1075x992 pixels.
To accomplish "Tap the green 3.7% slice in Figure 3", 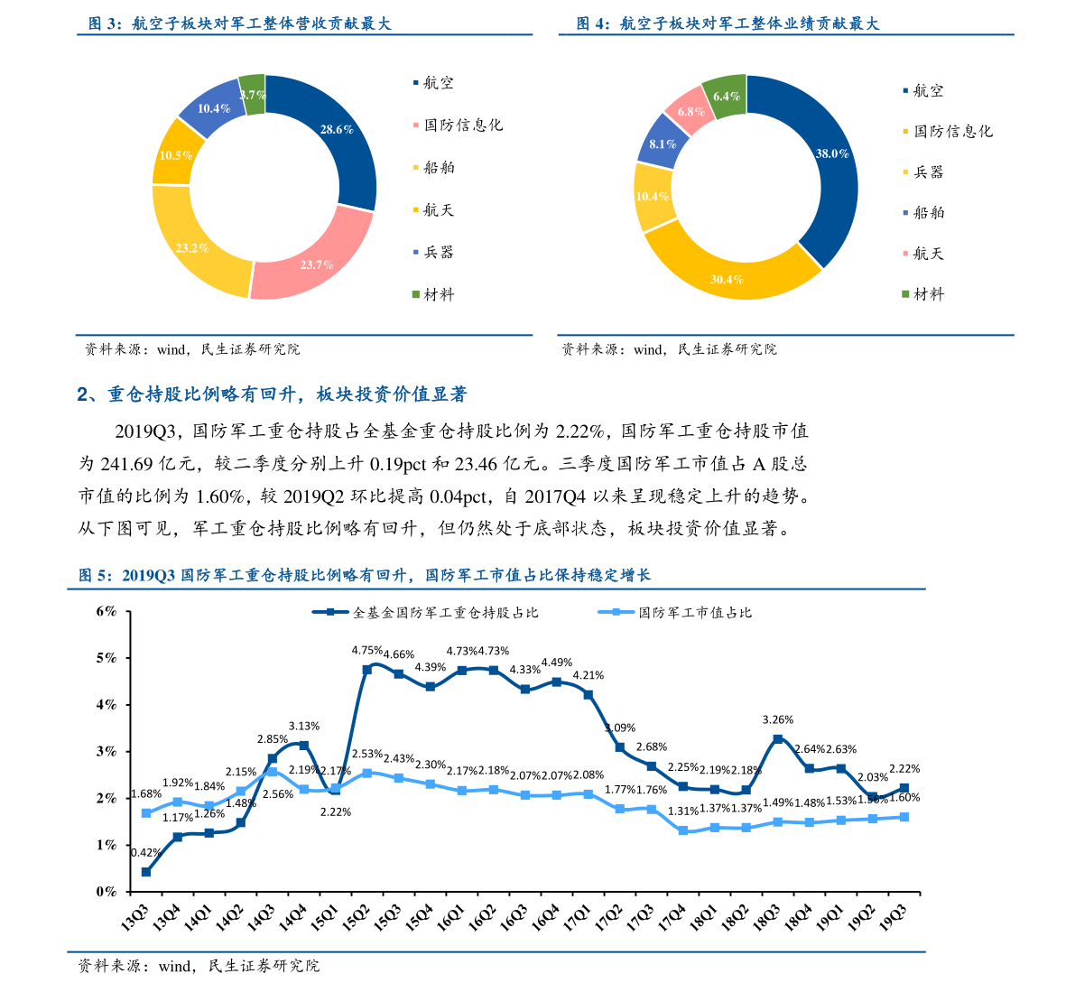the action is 254,95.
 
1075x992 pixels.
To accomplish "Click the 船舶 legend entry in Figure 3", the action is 434,167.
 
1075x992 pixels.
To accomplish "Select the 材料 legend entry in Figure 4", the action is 923,294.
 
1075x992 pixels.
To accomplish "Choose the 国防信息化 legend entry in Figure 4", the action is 948,131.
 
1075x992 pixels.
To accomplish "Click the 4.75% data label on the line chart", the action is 366,650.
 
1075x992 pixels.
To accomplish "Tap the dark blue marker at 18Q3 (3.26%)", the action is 777,739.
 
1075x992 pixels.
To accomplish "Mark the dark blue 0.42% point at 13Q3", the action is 146,872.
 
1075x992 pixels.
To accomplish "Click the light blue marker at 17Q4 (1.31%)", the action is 683,830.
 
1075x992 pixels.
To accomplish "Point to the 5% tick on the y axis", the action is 107,658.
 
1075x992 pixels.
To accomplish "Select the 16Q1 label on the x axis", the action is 451,916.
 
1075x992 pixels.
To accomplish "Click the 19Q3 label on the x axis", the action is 893,916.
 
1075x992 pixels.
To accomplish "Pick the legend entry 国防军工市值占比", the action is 675,612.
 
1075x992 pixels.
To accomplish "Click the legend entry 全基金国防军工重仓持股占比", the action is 426,612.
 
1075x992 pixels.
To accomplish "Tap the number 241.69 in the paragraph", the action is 127,464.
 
